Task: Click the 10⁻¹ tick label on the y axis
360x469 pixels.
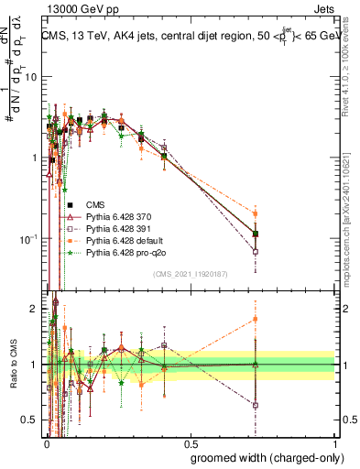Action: pyautogui.click(x=27, y=239)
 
